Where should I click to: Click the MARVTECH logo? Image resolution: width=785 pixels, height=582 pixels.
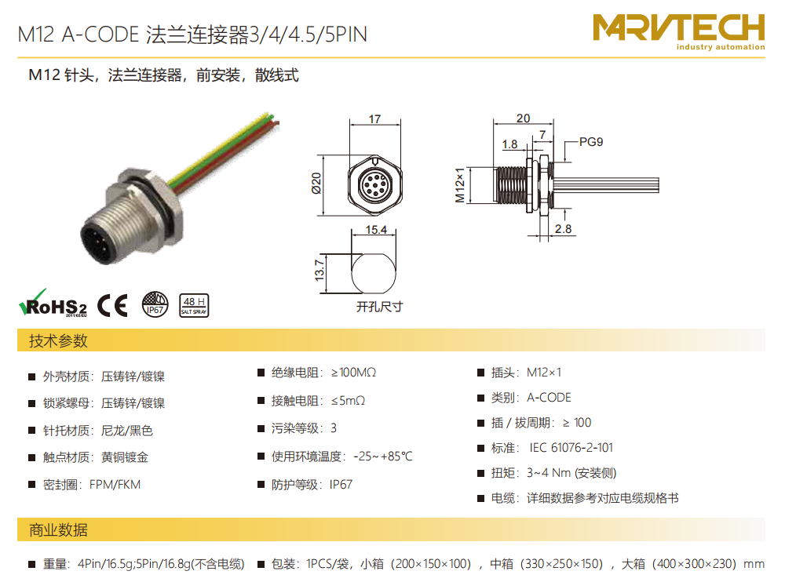678,32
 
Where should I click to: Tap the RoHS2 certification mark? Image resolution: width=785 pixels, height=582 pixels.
53,304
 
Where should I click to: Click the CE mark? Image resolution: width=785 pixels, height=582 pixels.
112,305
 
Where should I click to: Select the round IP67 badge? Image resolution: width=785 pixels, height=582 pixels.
155,305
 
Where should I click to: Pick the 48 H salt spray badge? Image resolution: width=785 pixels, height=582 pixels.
194,305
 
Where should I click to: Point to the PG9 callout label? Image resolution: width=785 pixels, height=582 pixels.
591,142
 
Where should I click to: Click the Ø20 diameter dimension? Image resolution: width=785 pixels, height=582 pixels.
316,184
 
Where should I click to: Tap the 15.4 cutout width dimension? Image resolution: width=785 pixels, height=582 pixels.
376,230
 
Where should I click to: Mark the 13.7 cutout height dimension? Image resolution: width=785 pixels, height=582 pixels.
319,270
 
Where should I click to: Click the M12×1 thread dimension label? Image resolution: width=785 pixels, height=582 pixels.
459,185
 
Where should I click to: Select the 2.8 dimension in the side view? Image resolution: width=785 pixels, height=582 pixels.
563,229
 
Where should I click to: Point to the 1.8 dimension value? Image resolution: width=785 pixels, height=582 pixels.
509,144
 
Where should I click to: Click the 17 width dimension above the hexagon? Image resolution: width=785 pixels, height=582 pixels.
374,119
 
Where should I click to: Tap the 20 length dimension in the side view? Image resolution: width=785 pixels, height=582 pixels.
523,118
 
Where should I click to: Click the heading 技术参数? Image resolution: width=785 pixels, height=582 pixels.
58,340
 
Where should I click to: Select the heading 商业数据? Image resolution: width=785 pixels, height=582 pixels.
58,530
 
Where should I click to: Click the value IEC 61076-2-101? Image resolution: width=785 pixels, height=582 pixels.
571,447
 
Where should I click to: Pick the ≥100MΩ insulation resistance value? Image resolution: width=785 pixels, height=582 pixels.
353,373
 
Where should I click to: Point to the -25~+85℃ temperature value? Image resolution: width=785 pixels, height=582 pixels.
383,457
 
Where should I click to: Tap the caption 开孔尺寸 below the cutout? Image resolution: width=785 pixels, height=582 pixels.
379,307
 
